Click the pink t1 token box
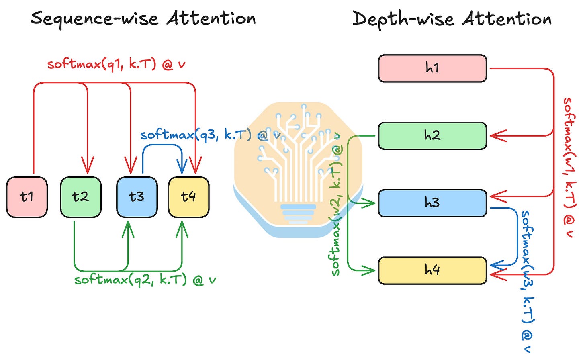[x=27, y=197]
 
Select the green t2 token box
[x=81, y=197]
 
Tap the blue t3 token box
[x=137, y=197]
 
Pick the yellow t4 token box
[x=189, y=197]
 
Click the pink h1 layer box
[x=432, y=68]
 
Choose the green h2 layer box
[x=432, y=136]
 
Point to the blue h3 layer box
[x=432, y=203]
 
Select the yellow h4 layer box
[x=432, y=271]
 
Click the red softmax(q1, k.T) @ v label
[x=117, y=64]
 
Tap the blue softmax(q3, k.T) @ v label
[x=211, y=135]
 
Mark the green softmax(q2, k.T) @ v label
[x=145, y=280]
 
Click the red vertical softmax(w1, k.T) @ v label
[x=569, y=167]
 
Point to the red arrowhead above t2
[x=88, y=165]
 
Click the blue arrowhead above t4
[x=182, y=166]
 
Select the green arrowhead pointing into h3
[x=368, y=203]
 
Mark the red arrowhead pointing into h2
[x=498, y=136]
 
